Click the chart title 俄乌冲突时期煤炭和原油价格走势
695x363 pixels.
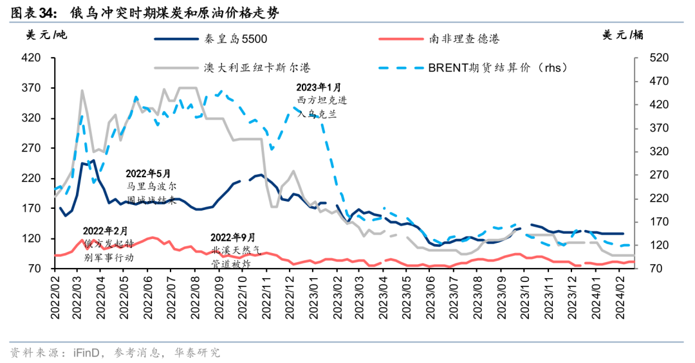click(x=174, y=12)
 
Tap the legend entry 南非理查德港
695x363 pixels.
click(x=464, y=39)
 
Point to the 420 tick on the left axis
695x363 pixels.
click(x=32, y=58)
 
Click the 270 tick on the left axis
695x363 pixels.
click(x=32, y=148)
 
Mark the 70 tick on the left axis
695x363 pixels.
click(x=35, y=269)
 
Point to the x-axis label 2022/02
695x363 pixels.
click(x=55, y=296)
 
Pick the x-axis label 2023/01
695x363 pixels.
click(x=313, y=296)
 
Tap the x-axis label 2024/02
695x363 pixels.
click(x=618, y=296)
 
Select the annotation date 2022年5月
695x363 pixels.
click(x=149, y=173)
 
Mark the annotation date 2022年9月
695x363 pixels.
click(x=233, y=238)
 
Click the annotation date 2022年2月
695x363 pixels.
click(x=106, y=231)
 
